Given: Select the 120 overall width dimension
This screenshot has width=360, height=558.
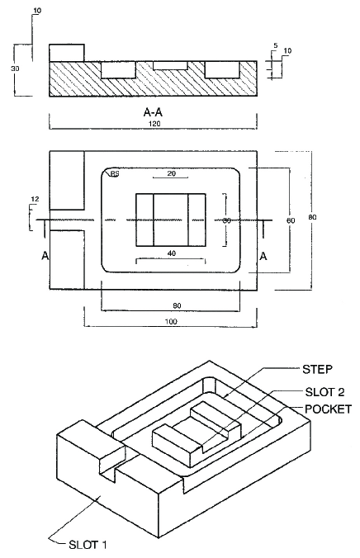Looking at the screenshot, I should (154, 123).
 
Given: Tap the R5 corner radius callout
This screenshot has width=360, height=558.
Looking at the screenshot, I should (115, 175).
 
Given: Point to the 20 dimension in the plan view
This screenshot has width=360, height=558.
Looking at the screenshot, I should (171, 174).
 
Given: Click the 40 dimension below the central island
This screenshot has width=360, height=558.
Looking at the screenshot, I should (171, 253).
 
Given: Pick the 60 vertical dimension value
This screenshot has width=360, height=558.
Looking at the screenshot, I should (289, 220).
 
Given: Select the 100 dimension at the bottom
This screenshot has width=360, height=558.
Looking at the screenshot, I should (171, 320).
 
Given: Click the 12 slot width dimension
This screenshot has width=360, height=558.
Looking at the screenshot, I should (34, 199).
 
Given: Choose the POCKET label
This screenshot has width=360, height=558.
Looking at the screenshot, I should (328, 409).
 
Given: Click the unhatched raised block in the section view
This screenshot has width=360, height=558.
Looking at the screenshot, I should (66, 51).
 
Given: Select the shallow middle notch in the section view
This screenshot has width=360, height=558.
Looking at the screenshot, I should (170, 64).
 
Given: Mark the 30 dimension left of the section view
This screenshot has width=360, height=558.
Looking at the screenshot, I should (15, 69).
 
